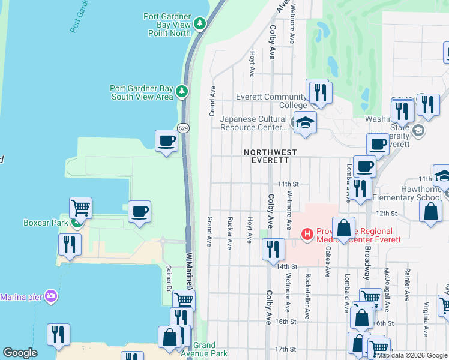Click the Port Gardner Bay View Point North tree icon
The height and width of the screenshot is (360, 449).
click(x=200, y=24)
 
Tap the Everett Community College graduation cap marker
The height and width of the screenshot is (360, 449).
click(x=305, y=122)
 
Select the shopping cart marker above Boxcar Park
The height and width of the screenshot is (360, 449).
click(x=80, y=208)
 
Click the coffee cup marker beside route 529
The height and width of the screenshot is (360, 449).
click(x=166, y=141)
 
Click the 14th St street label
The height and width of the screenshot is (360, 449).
click(x=288, y=266)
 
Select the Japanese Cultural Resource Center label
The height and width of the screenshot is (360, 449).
click(x=253, y=123)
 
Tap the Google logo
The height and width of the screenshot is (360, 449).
click(x=20, y=353)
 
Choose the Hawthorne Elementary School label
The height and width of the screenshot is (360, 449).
click(x=406, y=193)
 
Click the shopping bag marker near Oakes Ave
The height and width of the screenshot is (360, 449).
click(x=343, y=228)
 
